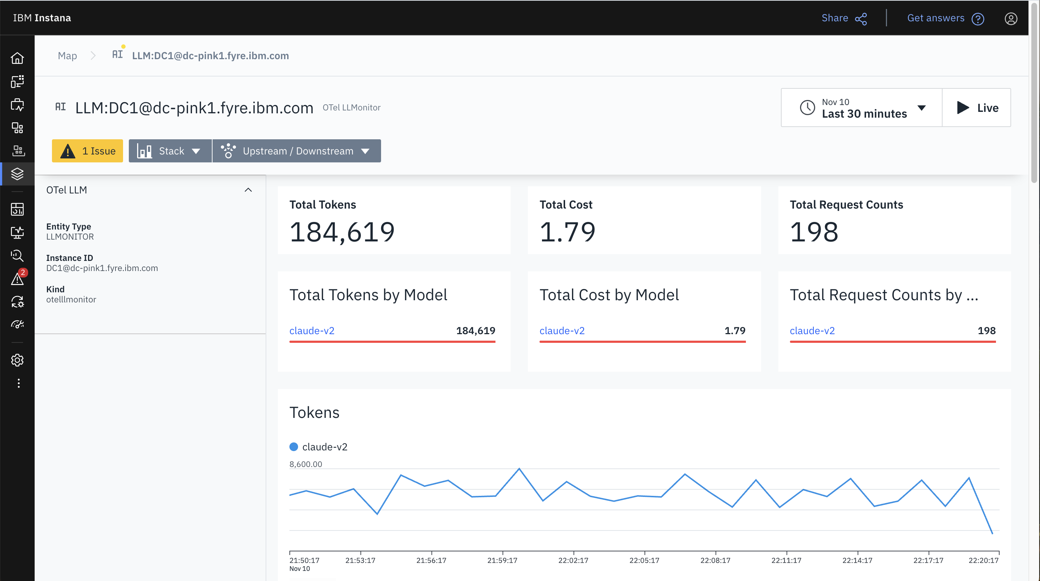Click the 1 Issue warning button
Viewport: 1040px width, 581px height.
pos(87,151)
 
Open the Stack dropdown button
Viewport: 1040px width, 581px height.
pos(170,151)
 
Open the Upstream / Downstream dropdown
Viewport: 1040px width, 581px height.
pos(296,151)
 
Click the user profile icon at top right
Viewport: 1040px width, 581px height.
pos(1010,18)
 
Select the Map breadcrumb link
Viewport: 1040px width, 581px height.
pos(67,56)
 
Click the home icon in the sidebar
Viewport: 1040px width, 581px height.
pos(17,58)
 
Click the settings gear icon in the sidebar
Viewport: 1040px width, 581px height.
pos(17,360)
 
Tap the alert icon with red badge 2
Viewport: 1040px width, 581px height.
pos(17,279)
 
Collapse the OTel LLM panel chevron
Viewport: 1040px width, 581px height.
pos(248,190)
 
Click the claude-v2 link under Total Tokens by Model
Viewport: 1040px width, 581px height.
pos(312,331)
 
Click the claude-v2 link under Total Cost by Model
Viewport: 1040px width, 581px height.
pos(561,331)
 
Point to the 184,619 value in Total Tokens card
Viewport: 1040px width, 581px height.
pos(342,232)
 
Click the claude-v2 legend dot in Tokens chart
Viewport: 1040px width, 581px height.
pos(293,446)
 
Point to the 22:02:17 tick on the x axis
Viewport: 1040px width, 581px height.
pos(573,560)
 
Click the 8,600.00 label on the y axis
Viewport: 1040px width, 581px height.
pos(306,464)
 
